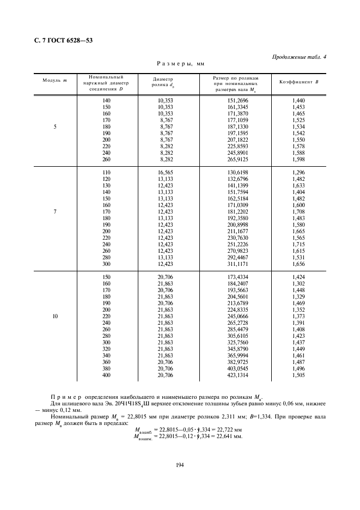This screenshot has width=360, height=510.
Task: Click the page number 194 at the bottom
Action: pos(180,465)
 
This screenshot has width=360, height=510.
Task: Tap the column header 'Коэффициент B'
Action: pos(298,82)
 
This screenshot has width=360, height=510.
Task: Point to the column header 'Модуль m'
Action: pos(54,81)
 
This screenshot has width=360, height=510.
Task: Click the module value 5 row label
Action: pos(54,127)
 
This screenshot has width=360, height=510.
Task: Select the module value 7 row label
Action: pos(54,211)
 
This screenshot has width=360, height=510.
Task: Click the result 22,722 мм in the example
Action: pos(230,430)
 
